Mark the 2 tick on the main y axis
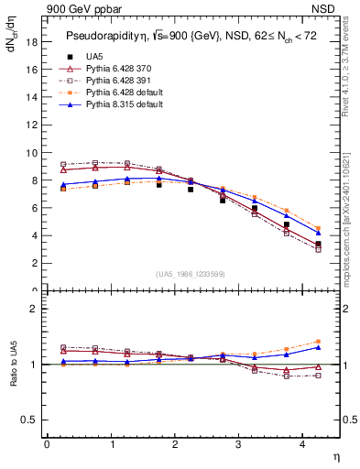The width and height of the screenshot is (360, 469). [x=34, y=263]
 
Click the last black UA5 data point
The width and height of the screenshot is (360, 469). [x=318, y=244]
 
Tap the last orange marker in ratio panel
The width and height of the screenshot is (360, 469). [x=318, y=342]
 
